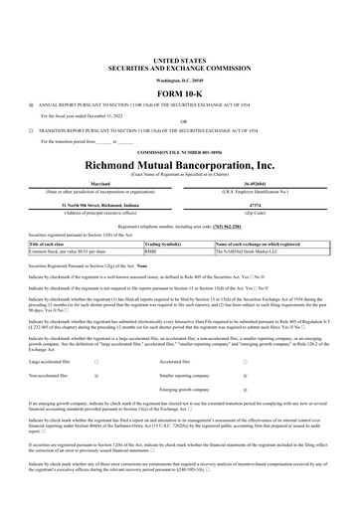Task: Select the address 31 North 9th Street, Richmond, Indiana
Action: tap(98, 205)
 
